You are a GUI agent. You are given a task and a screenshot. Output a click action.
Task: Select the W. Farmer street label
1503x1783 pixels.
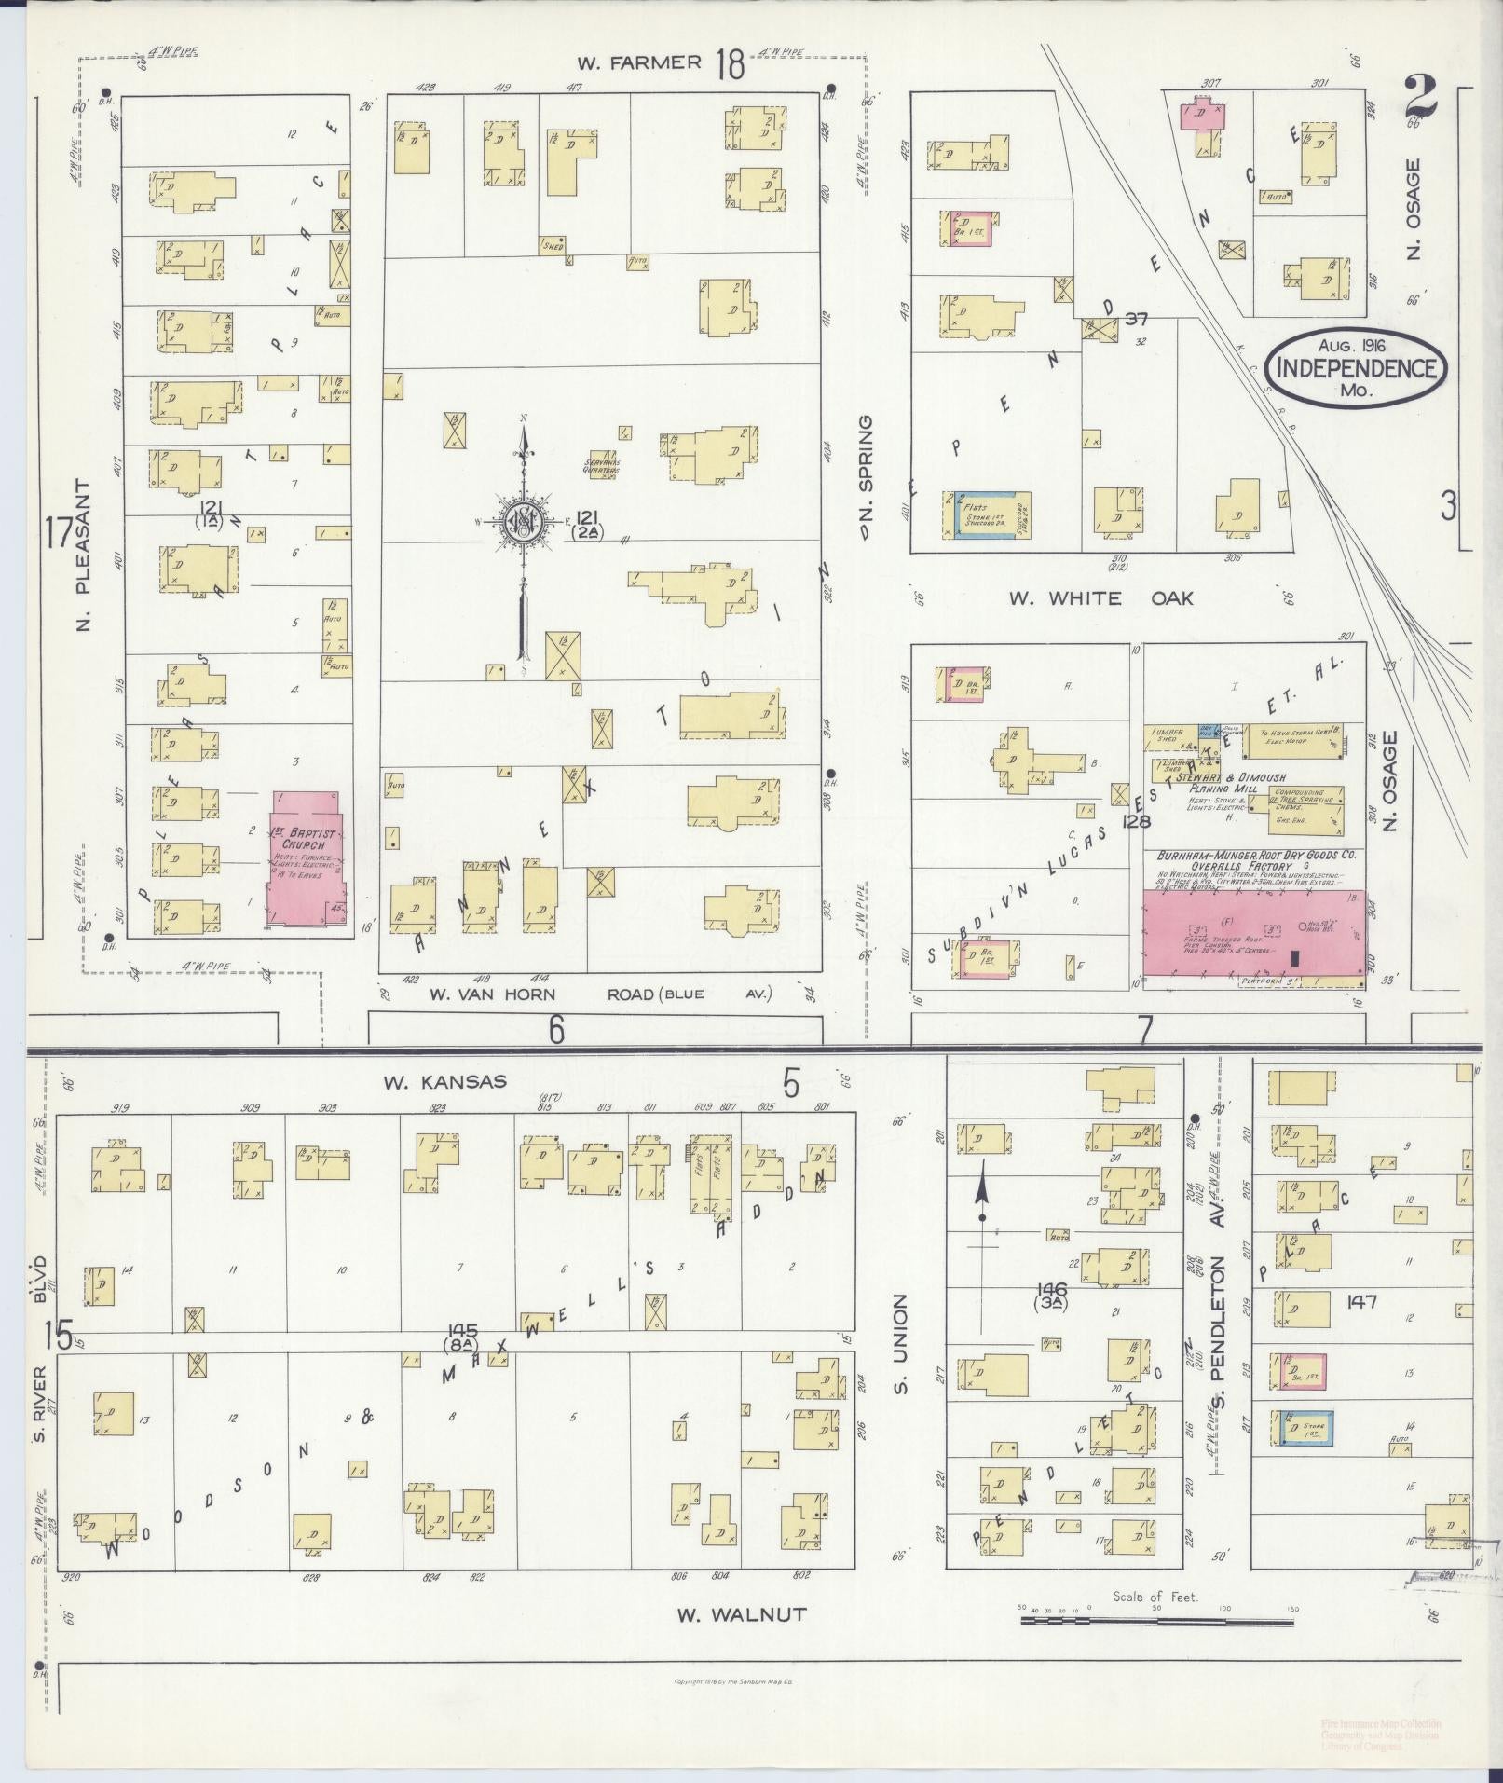[638, 62]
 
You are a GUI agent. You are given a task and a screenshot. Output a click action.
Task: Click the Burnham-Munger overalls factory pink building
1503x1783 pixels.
[1253, 933]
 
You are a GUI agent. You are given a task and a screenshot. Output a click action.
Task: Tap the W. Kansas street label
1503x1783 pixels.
[444, 1081]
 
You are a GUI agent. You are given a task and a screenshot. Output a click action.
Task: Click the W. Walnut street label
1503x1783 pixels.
[741, 1613]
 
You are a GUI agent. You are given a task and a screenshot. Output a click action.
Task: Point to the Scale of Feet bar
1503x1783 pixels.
[1156, 1622]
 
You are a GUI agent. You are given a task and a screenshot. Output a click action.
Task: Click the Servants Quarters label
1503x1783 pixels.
[602, 466]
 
